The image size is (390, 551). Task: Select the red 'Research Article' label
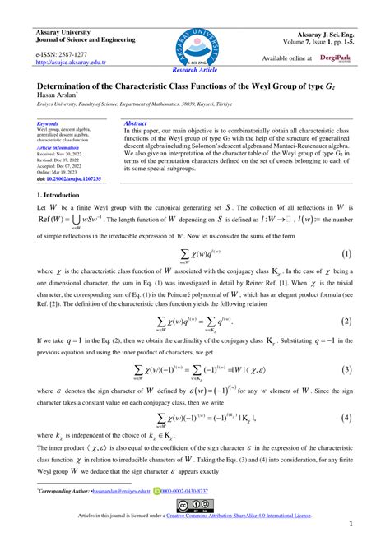pos(195,71)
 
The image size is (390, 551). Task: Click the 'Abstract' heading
pos(135,123)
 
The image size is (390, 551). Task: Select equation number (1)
pos(346,255)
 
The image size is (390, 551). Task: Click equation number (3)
pos(346,370)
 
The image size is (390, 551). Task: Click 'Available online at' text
pos(287,58)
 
